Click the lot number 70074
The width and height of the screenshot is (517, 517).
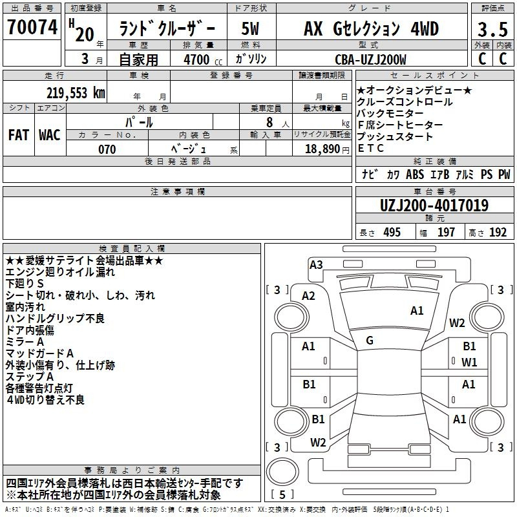[32, 27]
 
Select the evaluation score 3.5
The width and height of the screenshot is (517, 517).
[492, 29]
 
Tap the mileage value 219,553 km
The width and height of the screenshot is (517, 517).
[76, 93]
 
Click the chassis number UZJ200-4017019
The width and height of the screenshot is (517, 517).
[434, 206]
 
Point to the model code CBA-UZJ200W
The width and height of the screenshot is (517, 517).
[370, 59]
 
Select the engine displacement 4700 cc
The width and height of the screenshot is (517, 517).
[203, 59]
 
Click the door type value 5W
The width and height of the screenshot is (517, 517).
[250, 28]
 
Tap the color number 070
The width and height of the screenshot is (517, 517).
[107, 149]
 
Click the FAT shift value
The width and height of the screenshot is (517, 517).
[19, 135]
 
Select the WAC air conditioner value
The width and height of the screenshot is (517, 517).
[50, 135]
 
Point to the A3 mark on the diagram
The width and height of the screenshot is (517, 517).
[316, 265]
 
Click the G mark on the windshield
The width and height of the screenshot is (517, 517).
[370, 341]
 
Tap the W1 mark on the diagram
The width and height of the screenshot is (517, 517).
[469, 363]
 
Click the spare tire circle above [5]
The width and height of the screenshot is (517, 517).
[282, 472]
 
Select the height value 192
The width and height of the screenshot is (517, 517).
[498, 233]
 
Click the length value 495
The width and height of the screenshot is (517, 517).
[392, 233]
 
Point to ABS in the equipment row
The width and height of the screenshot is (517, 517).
[415, 174]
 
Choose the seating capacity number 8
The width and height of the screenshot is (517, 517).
[269, 122]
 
